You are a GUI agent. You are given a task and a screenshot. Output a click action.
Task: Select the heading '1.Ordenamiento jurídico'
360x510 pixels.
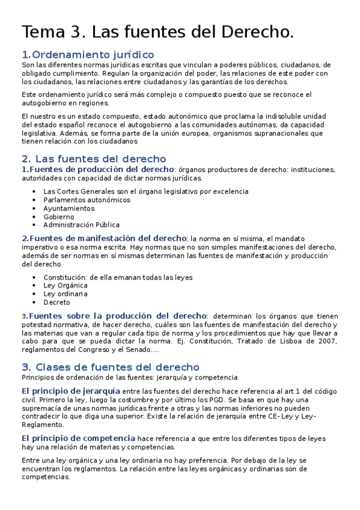(x=88, y=55)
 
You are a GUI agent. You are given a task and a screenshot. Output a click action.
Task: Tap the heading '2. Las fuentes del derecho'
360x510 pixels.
(x=93, y=159)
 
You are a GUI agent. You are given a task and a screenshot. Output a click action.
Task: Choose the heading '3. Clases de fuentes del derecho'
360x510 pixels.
(x=110, y=367)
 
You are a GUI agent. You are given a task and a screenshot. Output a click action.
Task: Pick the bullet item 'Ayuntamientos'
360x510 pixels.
(x=69, y=208)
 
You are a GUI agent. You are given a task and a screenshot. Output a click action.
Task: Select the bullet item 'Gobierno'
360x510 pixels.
(x=59, y=217)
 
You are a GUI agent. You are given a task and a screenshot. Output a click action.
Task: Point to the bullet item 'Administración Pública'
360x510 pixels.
(x=81, y=225)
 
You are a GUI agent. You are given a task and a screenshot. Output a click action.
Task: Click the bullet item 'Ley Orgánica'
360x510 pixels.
(x=64, y=286)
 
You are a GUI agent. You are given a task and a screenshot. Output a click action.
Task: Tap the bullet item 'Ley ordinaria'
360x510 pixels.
(x=66, y=294)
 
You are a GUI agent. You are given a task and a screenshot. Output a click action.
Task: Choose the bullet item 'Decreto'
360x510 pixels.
(x=56, y=303)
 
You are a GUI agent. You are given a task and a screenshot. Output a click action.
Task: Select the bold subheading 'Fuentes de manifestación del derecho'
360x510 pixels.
(x=108, y=238)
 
